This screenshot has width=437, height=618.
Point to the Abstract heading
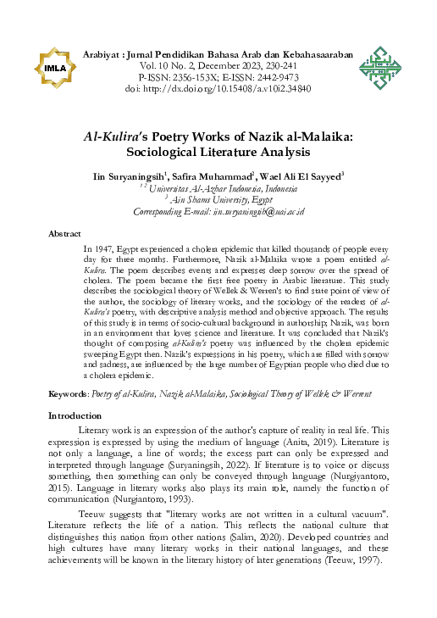pyautogui.click(x=64, y=232)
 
